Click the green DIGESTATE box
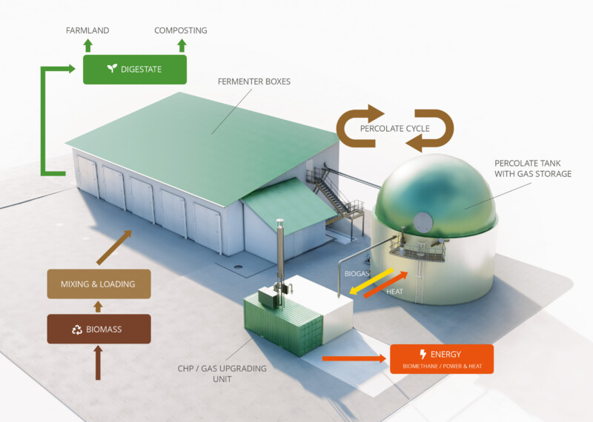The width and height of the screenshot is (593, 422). (134, 69)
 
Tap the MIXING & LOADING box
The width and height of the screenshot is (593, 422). (99, 284)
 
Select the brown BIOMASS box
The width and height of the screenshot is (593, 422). (99, 329)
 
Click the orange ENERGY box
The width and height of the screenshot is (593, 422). (441, 358)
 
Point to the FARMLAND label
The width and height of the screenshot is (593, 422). (87, 30)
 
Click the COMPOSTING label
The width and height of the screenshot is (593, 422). (181, 30)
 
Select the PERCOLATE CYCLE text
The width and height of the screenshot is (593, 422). (394, 129)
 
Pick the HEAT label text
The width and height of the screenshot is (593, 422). (395, 292)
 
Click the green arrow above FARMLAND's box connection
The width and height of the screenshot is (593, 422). (87, 45)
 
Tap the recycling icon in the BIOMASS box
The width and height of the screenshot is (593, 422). (76, 329)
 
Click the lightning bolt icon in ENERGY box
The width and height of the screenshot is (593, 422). (423, 354)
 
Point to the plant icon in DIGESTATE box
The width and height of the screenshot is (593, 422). (112, 69)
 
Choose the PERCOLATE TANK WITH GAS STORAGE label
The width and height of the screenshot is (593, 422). (532, 168)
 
